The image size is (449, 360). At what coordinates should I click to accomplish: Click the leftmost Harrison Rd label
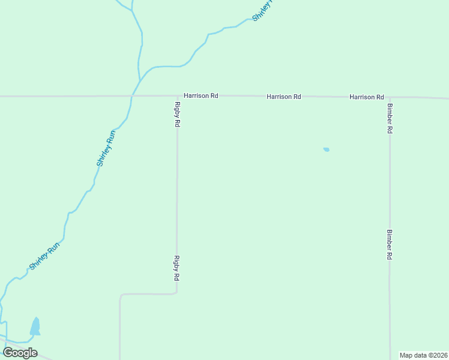[x=200, y=95]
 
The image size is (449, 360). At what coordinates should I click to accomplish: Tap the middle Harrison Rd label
[x=283, y=96]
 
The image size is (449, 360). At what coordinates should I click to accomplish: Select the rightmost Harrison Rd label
[x=367, y=97]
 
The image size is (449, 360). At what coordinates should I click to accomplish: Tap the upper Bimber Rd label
[x=390, y=118]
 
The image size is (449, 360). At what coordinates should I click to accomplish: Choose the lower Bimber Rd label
[x=390, y=244]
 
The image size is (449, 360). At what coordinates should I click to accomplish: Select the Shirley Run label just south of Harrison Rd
[x=106, y=148]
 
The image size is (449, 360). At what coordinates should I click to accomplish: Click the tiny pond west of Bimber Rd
[x=326, y=149]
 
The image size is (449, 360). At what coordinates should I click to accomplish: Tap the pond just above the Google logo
[x=35, y=326]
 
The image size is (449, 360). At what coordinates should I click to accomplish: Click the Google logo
[x=20, y=353]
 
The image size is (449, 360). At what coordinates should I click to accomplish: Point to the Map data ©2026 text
[x=424, y=355]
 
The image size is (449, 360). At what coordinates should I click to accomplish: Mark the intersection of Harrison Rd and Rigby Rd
[x=178, y=95]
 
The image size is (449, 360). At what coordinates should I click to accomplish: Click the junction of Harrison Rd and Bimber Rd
[x=390, y=97]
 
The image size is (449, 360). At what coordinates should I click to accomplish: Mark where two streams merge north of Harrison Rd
[x=140, y=80]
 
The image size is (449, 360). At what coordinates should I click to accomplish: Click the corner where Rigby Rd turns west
[x=176, y=293]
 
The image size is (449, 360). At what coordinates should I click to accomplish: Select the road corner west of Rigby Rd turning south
[x=121, y=295]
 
